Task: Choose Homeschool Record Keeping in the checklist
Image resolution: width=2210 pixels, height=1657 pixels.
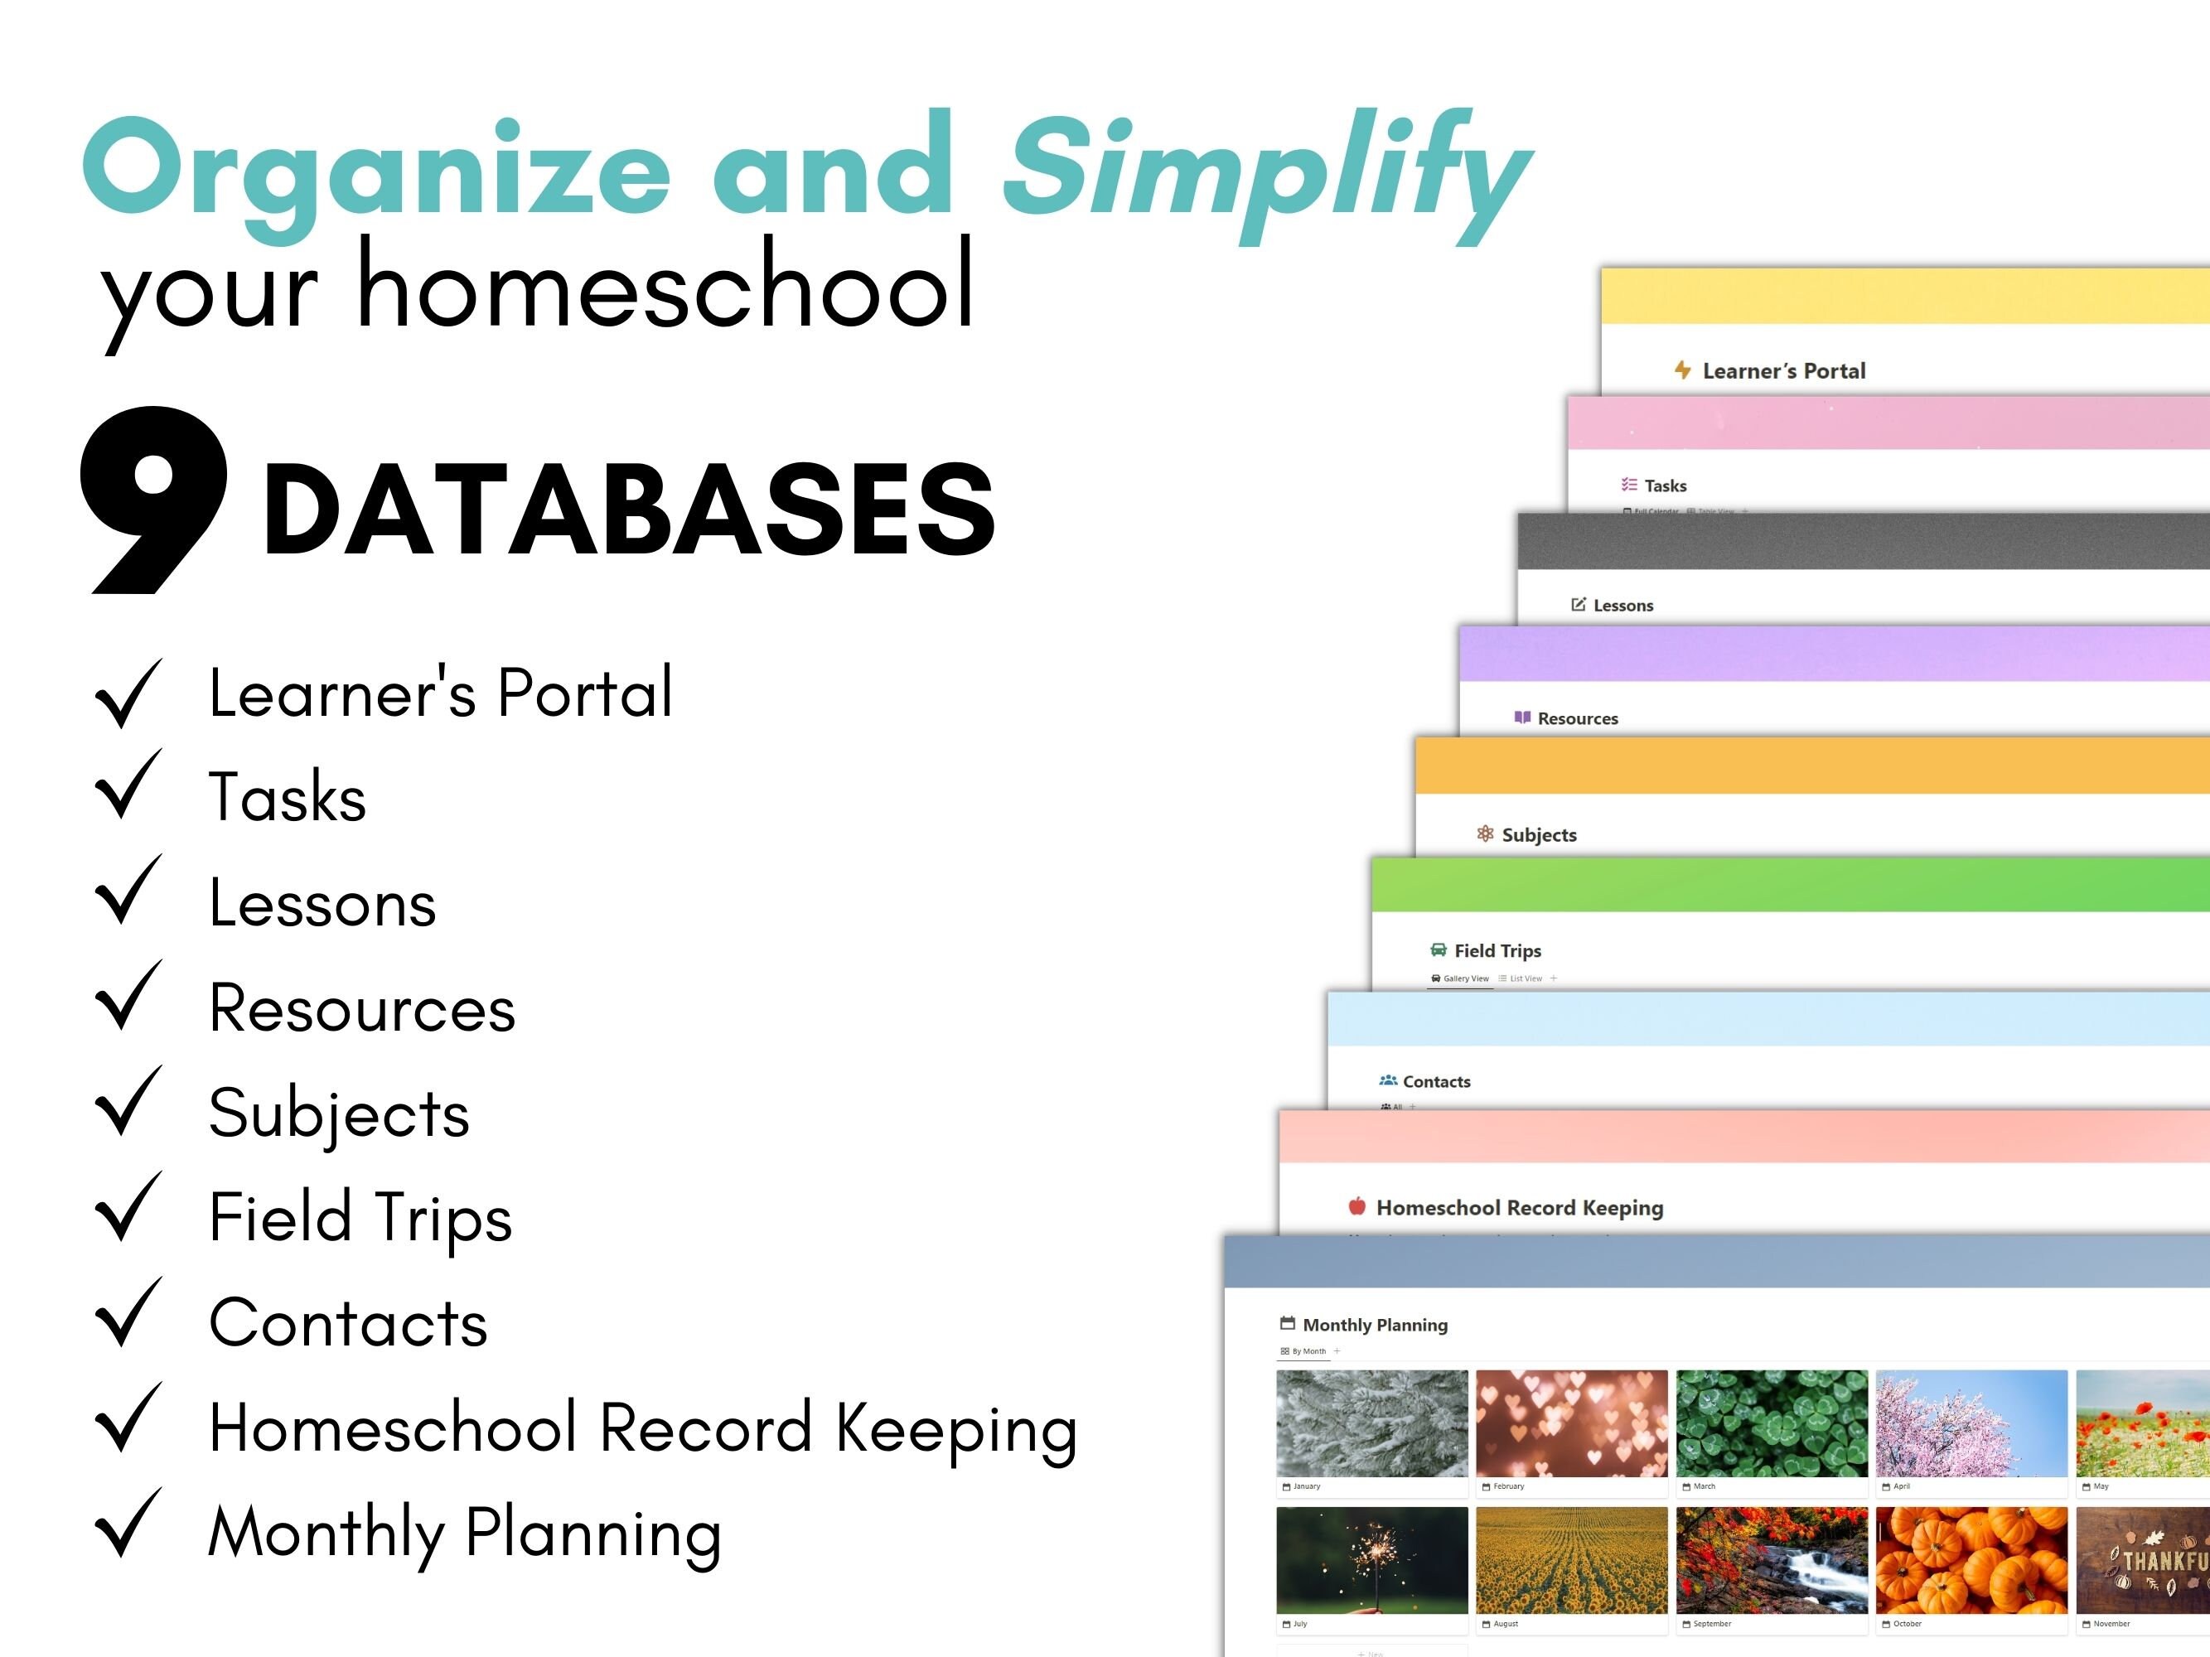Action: (642, 1428)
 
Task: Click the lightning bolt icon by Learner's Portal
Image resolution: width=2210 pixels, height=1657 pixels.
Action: (1682, 370)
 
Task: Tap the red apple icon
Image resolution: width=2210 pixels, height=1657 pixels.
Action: (1356, 1206)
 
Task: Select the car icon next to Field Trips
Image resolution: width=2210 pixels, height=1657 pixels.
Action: (1438, 949)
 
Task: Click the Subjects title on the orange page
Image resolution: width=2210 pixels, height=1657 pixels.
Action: (1539, 835)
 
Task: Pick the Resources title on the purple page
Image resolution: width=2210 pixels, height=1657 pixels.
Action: (1577, 718)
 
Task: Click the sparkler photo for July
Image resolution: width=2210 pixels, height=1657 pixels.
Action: (1371, 1560)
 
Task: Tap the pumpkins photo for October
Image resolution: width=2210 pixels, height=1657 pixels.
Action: (1971, 1560)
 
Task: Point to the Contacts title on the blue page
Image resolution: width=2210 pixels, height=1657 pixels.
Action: (1436, 1082)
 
